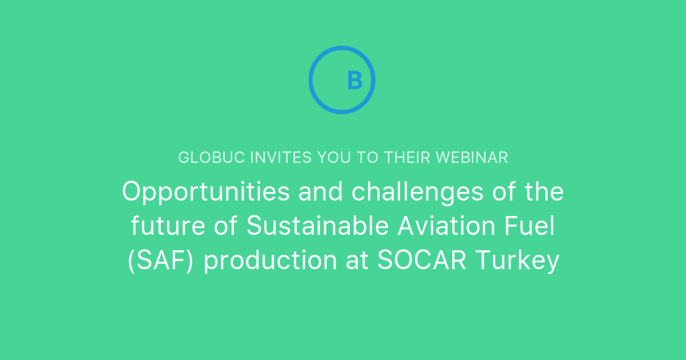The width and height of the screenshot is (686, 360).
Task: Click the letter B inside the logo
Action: tap(354, 81)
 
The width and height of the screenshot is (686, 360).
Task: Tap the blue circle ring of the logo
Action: tap(312, 80)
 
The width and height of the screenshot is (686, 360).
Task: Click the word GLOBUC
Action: tap(212, 158)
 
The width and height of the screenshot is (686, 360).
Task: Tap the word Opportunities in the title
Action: tap(206, 193)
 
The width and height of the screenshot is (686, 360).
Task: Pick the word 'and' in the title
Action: tap(321, 193)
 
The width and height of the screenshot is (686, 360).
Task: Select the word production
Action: tap(270, 262)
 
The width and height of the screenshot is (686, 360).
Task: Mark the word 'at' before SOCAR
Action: tap(358, 262)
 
